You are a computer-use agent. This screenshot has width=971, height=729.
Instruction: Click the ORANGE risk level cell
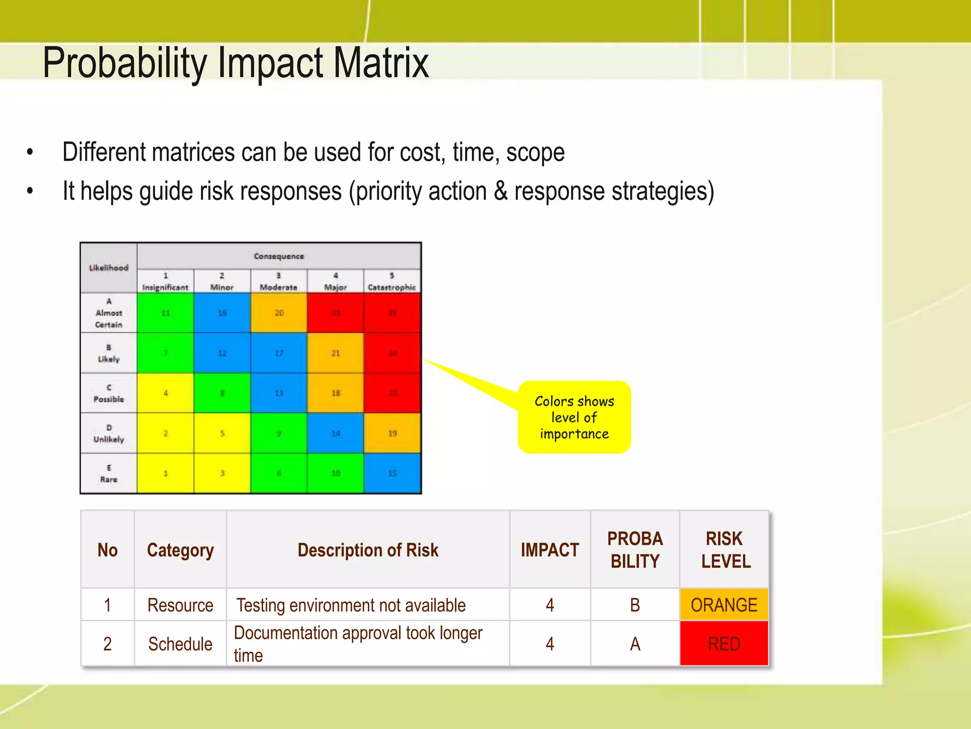(x=724, y=605)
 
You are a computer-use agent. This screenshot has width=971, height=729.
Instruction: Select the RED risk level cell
(x=724, y=644)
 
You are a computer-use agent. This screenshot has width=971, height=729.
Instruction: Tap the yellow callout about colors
(x=574, y=418)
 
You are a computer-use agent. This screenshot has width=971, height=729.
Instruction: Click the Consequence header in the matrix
(x=279, y=256)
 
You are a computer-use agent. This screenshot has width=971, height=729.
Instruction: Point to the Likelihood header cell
(x=109, y=268)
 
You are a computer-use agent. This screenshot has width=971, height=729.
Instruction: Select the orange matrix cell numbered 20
(x=279, y=313)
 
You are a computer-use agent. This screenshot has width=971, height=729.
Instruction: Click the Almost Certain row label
(x=109, y=313)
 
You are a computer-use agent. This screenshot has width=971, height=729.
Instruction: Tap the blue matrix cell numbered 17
(x=279, y=353)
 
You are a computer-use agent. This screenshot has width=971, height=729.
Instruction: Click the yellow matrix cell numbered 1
(x=165, y=473)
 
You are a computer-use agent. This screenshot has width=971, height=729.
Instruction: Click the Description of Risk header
(x=368, y=550)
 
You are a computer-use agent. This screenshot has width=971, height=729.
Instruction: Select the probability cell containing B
(x=635, y=605)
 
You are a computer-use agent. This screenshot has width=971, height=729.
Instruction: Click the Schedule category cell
(x=180, y=644)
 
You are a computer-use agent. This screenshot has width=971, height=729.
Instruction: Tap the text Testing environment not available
(x=351, y=606)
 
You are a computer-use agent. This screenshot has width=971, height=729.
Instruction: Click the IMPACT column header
(x=550, y=550)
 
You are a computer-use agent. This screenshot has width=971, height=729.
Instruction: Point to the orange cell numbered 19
(x=392, y=433)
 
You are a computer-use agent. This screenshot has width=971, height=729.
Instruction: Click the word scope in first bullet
(x=535, y=153)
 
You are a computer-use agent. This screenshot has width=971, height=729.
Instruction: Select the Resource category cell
(x=180, y=606)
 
